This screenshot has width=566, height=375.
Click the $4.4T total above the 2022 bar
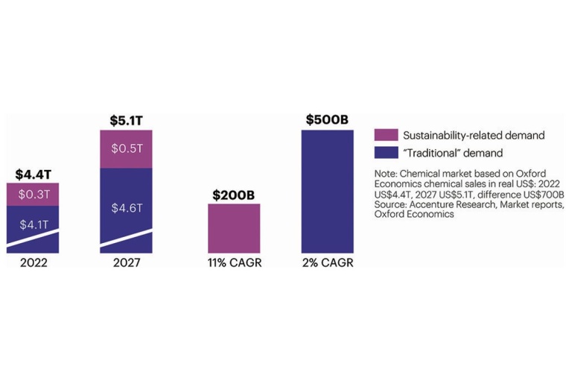tap(32, 174)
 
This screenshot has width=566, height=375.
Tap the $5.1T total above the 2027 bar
tap(126, 121)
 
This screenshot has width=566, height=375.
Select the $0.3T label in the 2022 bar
tap(32, 195)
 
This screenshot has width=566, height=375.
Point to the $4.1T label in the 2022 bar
tap(32, 224)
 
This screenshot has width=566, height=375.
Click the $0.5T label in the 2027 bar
tap(126, 148)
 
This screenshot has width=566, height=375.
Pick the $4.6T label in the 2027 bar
tap(126, 208)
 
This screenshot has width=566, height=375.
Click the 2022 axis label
tap(32, 263)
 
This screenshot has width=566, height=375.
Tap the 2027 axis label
tap(126, 263)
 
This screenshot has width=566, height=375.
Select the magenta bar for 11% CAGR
tap(234, 227)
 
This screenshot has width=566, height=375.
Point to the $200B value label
tap(234, 195)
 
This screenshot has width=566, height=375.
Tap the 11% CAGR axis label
tap(234, 263)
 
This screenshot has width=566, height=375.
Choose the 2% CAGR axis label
tap(328, 263)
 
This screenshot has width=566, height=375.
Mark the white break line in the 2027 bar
tap(126, 240)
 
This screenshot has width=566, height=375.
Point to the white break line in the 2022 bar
tap(32, 240)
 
